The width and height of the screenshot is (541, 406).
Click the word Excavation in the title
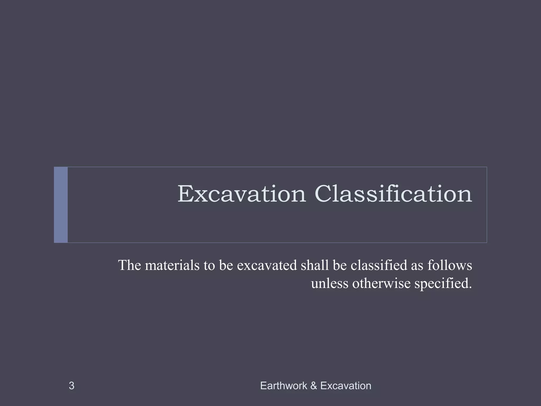coord(241,194)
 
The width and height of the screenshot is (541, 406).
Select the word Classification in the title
coord(393,194)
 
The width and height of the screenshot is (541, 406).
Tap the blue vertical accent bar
coord(61,205)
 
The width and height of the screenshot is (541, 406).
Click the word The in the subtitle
coord(130,265)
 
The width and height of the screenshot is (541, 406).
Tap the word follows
coord(450,265)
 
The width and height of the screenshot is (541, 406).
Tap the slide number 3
coord(71,386)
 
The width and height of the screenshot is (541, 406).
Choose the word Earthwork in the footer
coord(284,386)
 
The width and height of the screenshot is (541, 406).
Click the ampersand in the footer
coord(314,386)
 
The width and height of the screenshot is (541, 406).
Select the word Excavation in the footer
coord(346,386)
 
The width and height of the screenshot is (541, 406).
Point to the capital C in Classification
coord(324,194)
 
